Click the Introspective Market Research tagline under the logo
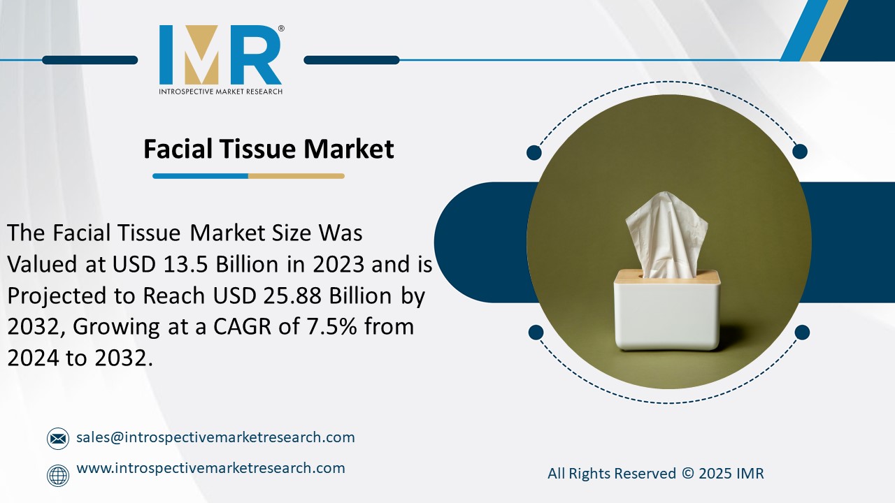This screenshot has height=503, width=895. click(220, 91)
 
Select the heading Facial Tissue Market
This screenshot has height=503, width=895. click(268, 149)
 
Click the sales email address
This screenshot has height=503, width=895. click(215, 437)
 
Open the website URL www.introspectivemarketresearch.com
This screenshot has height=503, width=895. click(210, 468)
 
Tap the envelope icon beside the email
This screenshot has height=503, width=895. click(57, 439)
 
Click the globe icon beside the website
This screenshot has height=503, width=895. click(57, 475)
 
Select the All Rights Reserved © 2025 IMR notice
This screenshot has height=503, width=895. click(655, 474)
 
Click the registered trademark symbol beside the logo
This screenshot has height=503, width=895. click(281, 29)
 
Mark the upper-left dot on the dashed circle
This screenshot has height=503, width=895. click(534, 152)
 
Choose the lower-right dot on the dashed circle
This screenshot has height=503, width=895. click(802, 332)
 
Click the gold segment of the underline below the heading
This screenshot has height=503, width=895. click(296, 176)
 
